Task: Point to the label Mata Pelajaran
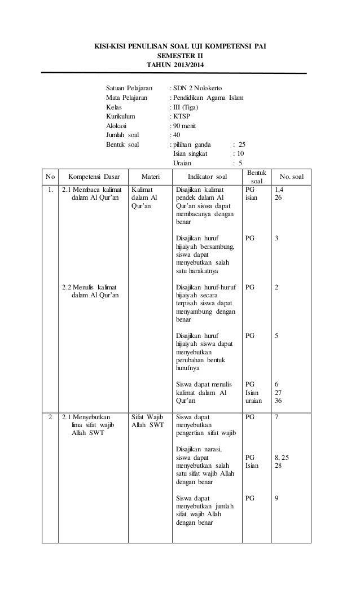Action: pyautogui.click(x=128, y=98)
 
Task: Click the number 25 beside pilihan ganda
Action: pyautogui.click(x=242, y=144)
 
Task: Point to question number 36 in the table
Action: pyautogui.click(x=278, y=401)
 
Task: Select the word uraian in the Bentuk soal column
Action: pyautogui.click(x=254, y=401)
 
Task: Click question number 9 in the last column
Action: pyautogui.click(x=276, y=498)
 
